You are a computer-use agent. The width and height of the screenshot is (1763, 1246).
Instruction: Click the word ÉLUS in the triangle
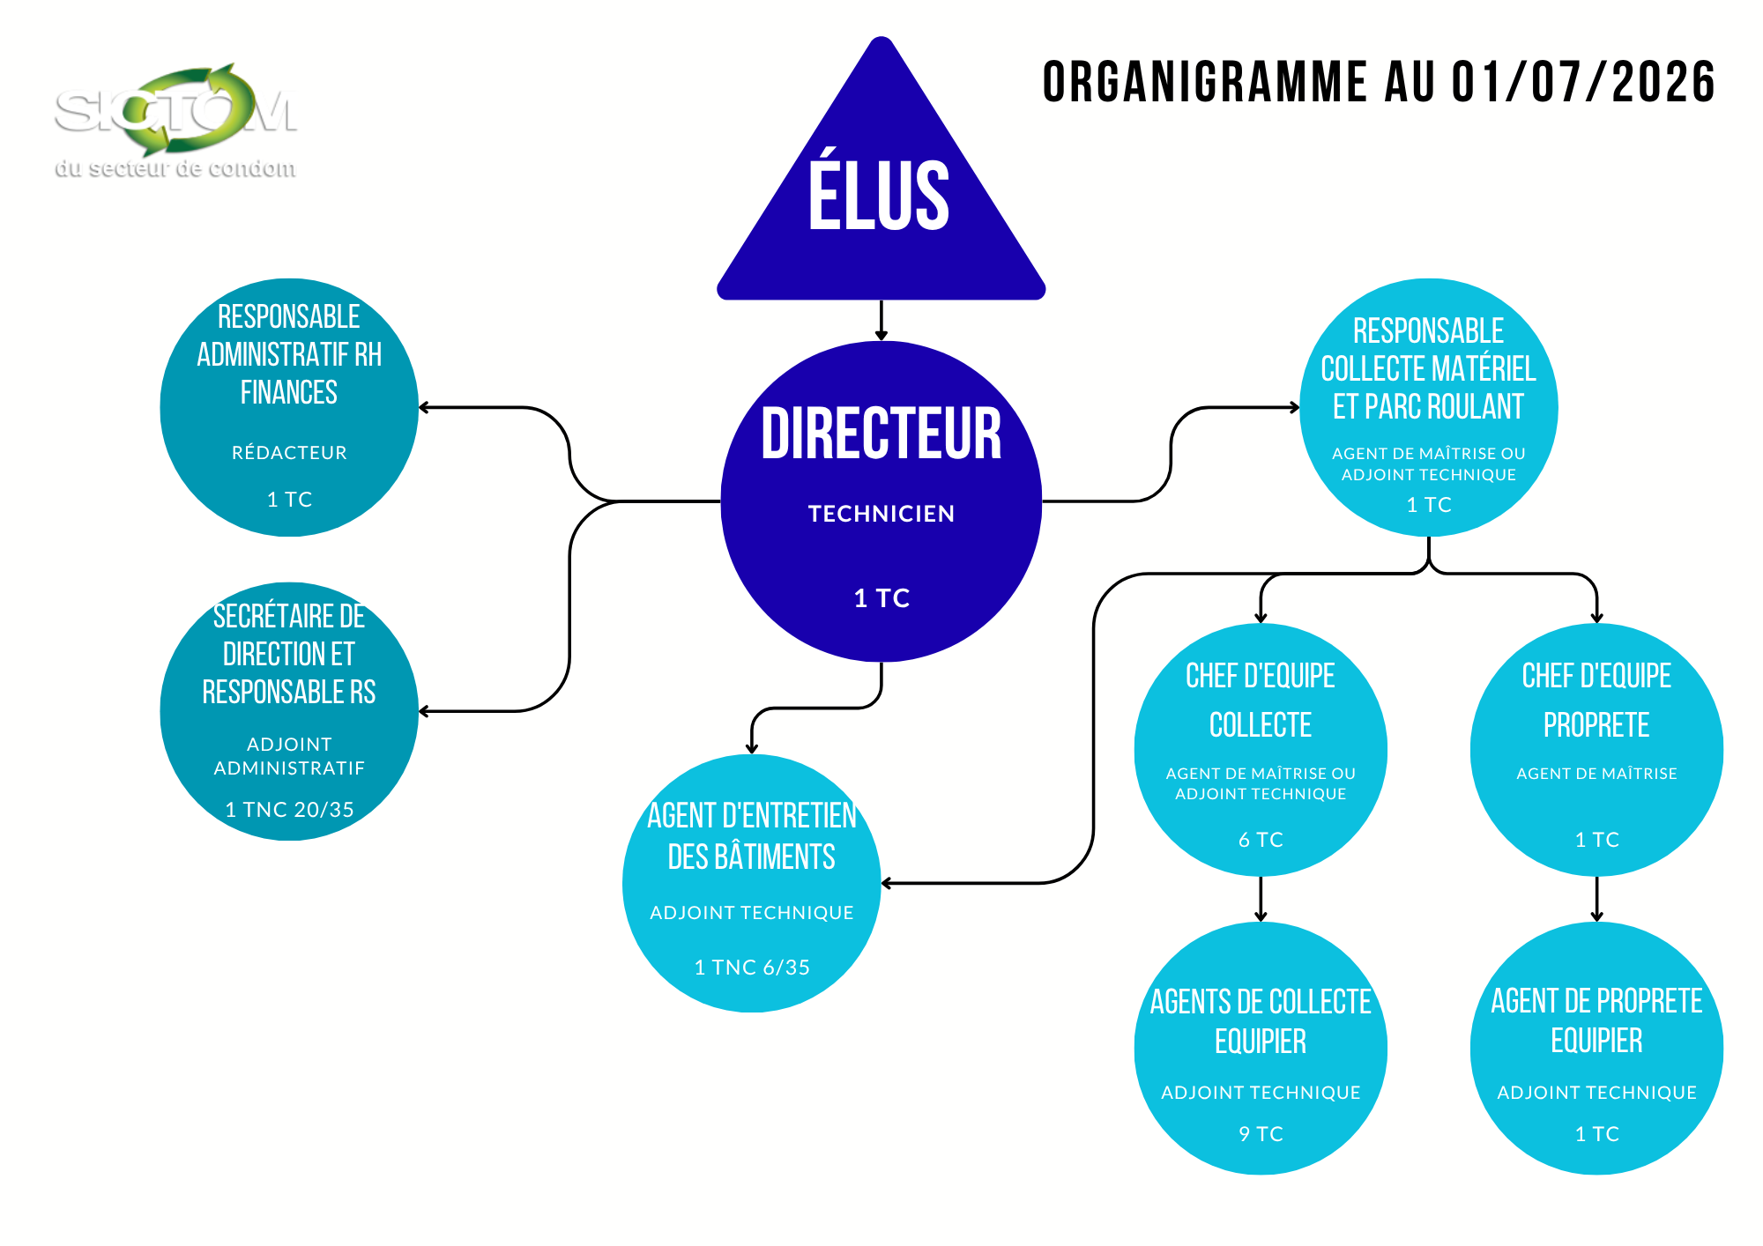[880, 196]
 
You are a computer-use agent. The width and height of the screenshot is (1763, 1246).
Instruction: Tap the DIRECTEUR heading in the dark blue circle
[881, 434]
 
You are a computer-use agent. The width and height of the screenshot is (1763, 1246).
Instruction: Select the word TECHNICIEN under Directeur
[881, 514]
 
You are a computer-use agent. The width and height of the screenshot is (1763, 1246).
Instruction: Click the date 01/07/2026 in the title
[1583, 82]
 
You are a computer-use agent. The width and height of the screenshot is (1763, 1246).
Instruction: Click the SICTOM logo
[175, 110]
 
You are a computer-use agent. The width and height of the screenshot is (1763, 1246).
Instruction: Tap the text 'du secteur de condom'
[175, 168]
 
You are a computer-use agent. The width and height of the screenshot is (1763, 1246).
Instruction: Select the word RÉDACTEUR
[289, 453]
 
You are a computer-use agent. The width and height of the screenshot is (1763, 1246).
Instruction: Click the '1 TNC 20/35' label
[289, 810]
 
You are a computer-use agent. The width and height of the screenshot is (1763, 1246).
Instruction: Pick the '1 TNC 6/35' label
[752, 968]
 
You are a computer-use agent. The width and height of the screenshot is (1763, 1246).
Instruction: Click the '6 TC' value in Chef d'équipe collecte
[1261, 840]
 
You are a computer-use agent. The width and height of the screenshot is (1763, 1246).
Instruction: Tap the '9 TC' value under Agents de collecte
[1261, 1134]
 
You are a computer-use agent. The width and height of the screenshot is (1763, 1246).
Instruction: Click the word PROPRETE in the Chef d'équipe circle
[1596, 725]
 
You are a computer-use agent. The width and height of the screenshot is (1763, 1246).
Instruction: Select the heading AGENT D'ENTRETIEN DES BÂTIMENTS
[752, 836]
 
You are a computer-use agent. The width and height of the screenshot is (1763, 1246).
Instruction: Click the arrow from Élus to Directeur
[881, 321]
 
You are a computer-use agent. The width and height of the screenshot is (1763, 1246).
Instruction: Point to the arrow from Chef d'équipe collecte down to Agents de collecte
[1261, 899]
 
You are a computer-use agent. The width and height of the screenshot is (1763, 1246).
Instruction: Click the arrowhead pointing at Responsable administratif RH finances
[424, 407]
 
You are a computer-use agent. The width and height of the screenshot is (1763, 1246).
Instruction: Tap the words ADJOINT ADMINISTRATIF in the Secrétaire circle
[289, 756]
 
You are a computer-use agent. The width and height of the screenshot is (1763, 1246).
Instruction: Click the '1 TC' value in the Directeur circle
[881, 598]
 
